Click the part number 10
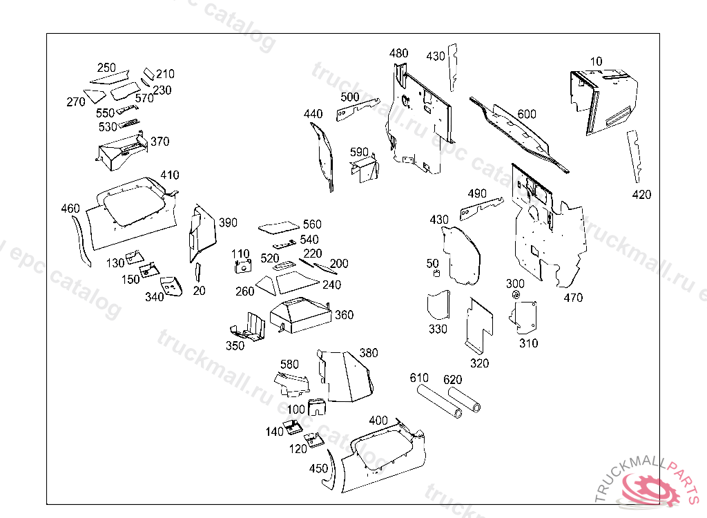click(596, 61)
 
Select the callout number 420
click(641, 195)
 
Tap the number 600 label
click(527, 114)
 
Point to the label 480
click(398, 53)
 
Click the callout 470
click(573, 298)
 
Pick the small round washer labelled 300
click(516, 296)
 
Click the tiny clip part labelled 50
click(436, 275)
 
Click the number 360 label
click(344, 315)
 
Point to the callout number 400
click(378, 421)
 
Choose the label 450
click(318, 468)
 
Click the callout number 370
click(159, 142)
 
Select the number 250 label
click(106, 68)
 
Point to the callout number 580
click(289, 364)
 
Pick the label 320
click(479, 363)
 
